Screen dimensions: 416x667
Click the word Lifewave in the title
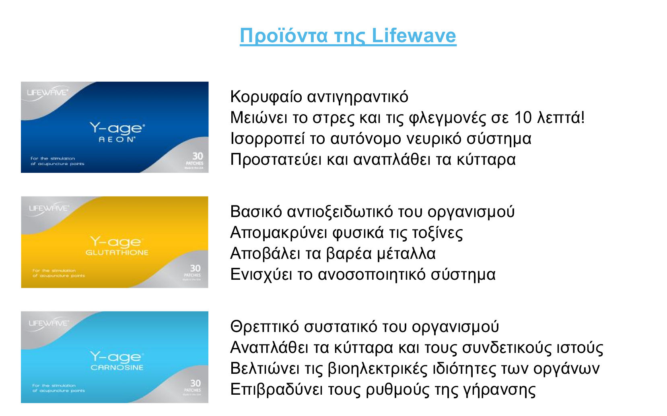pos(414,35)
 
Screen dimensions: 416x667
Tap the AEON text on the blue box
pos(117,139)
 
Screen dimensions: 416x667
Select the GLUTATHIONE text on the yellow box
pos(117,252)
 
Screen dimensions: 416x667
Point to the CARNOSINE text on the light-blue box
pos(117,367)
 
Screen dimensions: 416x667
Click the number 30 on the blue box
pos(198,156)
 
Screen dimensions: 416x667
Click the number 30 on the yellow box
pos(195,268)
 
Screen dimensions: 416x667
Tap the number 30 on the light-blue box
pos(195,383)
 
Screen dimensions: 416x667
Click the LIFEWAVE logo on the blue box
pos(47,92)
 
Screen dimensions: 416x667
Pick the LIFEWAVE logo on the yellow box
pos(49,208)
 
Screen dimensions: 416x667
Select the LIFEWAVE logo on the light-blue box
pos(49,323)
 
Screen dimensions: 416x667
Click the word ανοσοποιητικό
pos(372,275)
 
